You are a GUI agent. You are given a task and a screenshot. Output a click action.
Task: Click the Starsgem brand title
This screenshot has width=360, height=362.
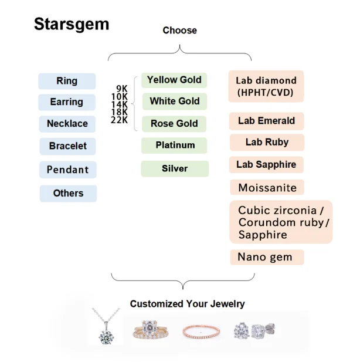tap(71, 24)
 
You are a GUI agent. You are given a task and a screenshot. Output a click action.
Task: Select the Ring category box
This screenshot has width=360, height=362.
tap(67, 81)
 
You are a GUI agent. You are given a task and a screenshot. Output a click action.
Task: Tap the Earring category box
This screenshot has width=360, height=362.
tap(67, 102)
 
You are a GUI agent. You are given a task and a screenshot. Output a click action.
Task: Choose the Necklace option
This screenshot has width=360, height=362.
tap(67, 124)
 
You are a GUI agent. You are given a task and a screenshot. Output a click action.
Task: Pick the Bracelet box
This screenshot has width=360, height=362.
tap(67, 146)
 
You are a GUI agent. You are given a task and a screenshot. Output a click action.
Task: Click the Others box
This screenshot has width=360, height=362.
tap(68, 193)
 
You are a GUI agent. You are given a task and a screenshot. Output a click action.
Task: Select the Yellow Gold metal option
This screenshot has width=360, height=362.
tap(174, 80)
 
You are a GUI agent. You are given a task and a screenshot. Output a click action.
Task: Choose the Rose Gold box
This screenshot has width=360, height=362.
tap(174, 124)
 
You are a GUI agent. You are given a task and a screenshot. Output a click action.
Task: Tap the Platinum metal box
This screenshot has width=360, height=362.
tap(175, 145)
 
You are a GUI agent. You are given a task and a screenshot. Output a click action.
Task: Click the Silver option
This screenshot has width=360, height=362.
tap(175, 168)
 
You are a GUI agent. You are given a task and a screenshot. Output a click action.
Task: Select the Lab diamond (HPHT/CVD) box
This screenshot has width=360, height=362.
tap(266, 86)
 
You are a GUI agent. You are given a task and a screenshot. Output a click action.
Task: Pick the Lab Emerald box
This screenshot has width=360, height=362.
tap(266, 121)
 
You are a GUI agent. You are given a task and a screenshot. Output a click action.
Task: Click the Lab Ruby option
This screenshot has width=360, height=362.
tap(267, 142)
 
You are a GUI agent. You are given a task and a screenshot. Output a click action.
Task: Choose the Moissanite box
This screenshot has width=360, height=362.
tap(267, 188)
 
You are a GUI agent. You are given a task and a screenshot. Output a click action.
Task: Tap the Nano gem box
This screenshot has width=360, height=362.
tap(266, 257)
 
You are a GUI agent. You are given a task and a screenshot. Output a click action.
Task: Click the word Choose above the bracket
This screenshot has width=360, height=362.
tap(179, 31)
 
